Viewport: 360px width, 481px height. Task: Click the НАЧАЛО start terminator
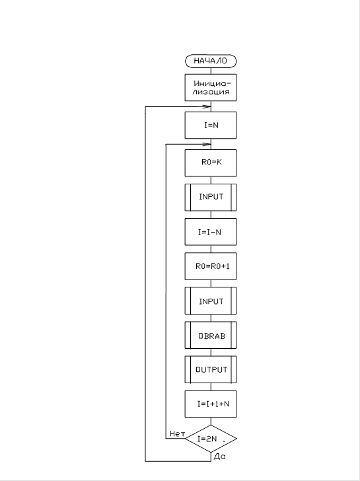click(211, 61)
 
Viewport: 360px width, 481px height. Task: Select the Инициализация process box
click(211, 87)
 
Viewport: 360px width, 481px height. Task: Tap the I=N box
click(211, 125)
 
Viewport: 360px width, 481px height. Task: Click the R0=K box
click(211, 163)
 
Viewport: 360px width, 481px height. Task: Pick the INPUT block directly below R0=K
click(211, 198)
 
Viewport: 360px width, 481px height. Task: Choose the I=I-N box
click(211, 232)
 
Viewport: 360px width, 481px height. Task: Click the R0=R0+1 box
click(211, 266)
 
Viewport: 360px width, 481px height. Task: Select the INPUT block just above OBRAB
click(211, 301)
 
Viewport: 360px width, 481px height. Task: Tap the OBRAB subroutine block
click(211, 335)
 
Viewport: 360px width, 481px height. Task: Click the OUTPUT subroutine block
click(211, 369)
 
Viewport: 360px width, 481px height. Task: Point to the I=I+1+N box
click(211, 404)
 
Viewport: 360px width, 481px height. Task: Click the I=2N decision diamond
click(211, 439)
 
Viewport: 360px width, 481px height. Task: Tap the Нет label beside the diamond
click(177, 433)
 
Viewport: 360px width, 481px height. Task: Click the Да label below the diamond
click(219, 457)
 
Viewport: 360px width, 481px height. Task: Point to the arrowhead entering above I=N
click(207, 107)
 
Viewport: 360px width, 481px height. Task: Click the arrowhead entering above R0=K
click(207, 144)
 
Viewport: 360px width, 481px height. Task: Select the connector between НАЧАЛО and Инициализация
click(211, 71)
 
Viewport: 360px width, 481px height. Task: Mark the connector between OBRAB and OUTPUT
click(211, 352)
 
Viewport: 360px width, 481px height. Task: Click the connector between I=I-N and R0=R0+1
click(211, 249)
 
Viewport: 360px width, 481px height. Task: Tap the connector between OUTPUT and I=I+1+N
click(211, 387)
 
